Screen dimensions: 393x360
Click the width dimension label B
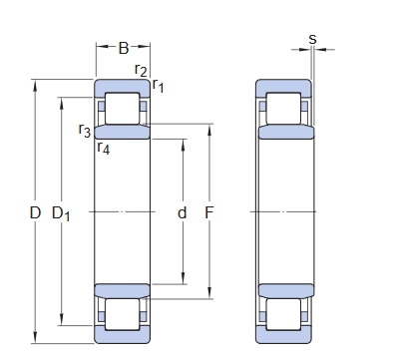pos(124,48)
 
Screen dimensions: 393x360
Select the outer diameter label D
pos(35,212)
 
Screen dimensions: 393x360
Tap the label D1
pos(61,213)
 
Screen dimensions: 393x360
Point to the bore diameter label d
pos(183,212)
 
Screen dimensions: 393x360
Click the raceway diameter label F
pos(208,212)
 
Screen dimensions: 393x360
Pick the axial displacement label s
pos(312,39)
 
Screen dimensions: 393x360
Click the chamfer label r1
pos(158,86)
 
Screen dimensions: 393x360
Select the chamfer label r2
pos(141,70)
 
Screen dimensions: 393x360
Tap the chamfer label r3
pos(85,130)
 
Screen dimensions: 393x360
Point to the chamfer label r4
pos(104,148)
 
